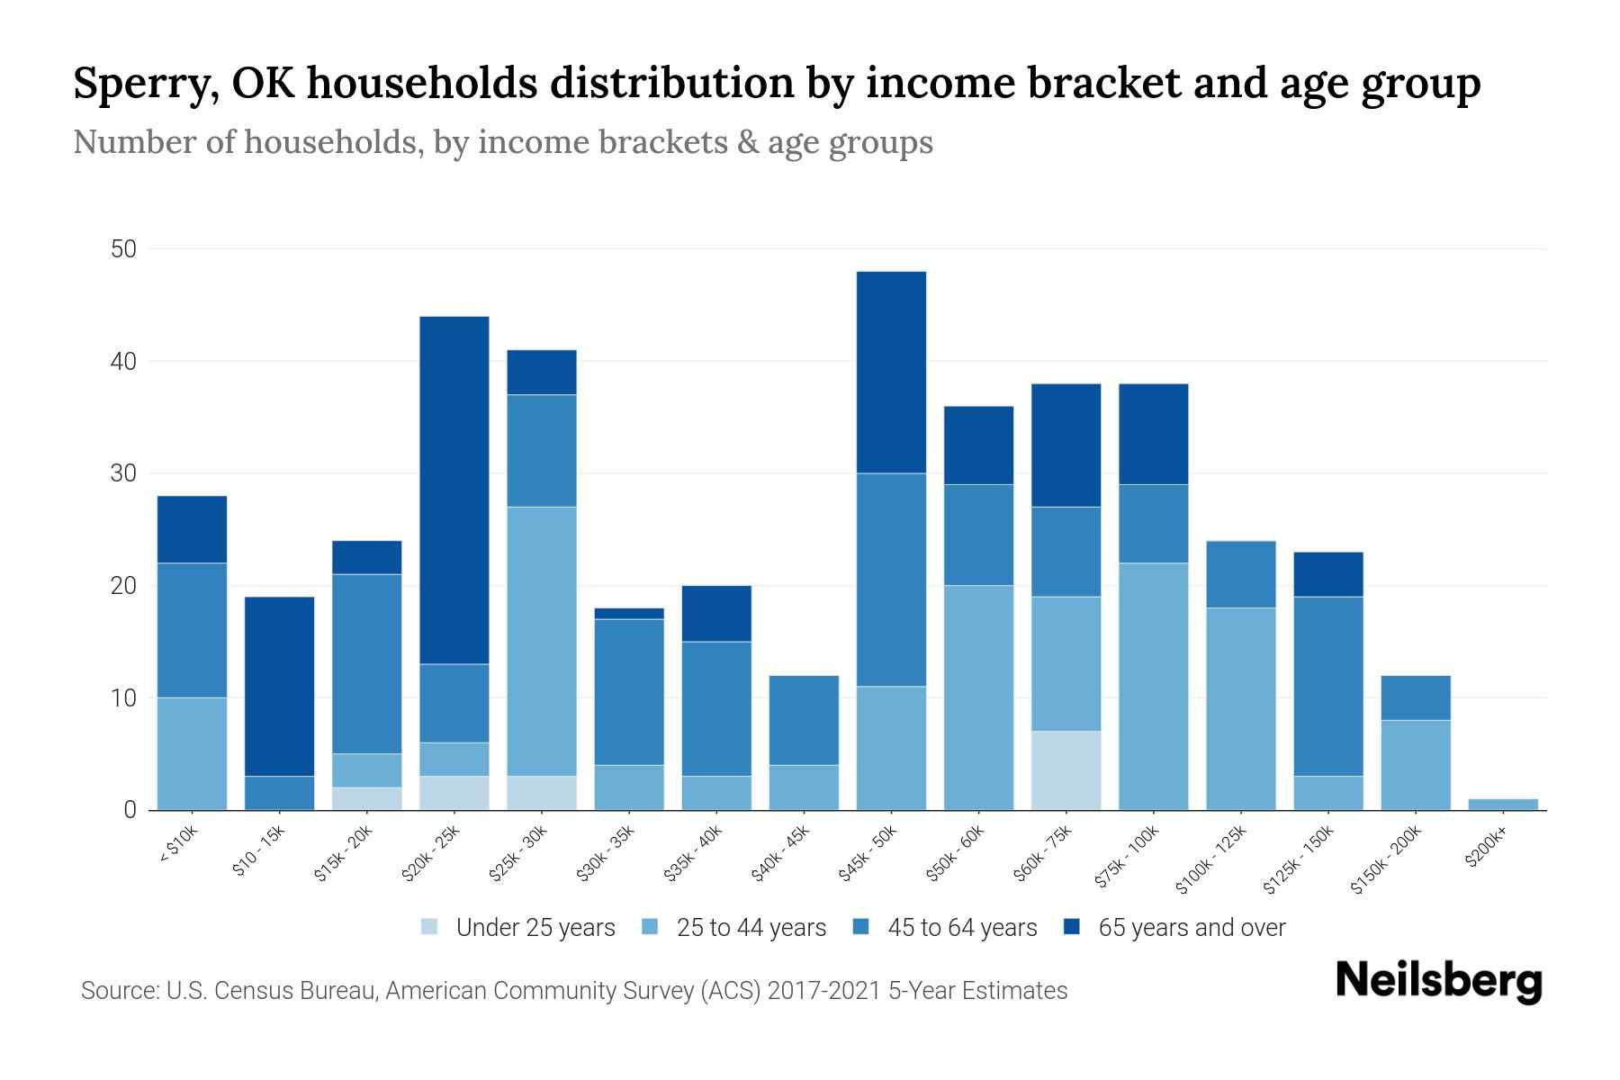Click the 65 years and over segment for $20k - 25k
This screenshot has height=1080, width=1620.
454,490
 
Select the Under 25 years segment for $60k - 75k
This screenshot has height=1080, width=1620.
1066,770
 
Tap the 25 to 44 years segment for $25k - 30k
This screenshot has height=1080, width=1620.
542,641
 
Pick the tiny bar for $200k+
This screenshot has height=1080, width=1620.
1503,804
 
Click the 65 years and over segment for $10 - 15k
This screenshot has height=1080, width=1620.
279,686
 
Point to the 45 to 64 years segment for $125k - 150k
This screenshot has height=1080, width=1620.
1328,686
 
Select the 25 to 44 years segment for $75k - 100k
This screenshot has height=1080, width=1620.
1153,686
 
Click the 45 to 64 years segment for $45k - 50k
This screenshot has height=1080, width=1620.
891,580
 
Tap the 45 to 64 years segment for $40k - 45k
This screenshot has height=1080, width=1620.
804,720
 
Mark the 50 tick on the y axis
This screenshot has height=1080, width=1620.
123,249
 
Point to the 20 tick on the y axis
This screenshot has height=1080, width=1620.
123,586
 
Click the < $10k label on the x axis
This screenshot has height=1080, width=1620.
178,844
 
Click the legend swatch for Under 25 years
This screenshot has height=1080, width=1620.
430,926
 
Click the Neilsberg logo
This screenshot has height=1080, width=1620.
1438,980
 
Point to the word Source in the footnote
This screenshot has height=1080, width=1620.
118,991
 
